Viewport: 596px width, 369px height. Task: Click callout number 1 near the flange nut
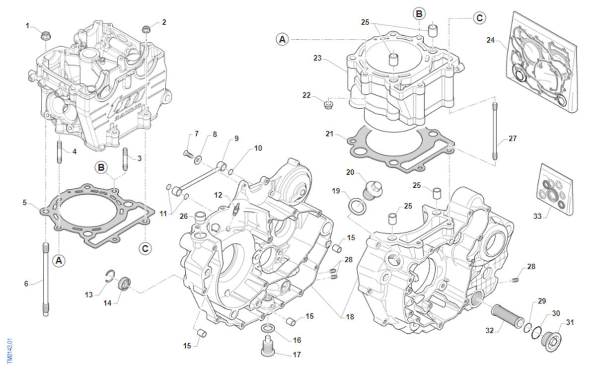click(28, 25)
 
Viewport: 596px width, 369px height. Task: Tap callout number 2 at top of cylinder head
click(164, 22)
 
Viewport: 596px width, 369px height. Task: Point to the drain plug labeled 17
click(268, 347)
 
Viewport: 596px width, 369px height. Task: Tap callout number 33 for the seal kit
click(537, 216)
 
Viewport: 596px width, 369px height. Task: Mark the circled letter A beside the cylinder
click(282, 39)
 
